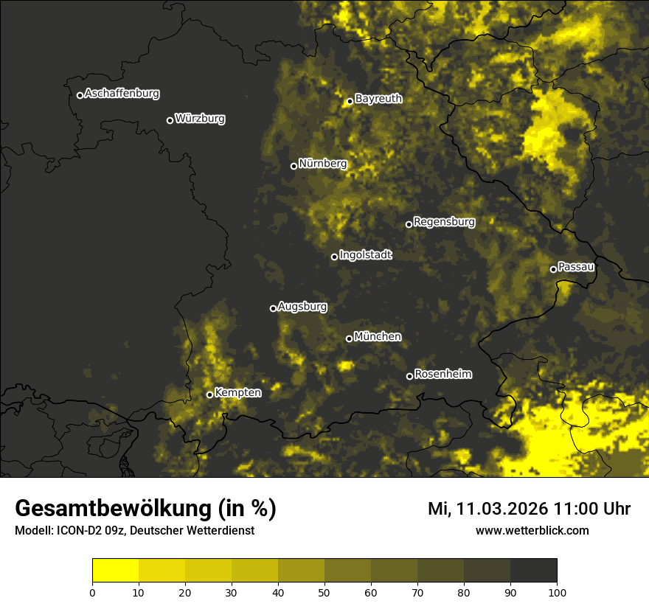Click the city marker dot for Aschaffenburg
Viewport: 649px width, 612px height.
pos(80,95)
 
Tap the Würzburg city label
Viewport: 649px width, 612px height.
pos(200,119)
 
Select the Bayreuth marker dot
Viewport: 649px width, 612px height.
pos(350,101)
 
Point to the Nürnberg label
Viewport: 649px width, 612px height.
pos(322,164)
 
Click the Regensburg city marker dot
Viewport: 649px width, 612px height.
pos(409,224)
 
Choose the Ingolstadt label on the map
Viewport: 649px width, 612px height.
pos(365,255)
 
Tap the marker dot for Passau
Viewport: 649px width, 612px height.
pos(553,269)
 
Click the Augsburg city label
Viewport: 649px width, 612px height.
pos(302,307)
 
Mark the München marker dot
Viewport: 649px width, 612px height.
pos(349,338)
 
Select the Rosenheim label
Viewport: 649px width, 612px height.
pos(442,375)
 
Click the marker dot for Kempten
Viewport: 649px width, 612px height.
pos(209,394)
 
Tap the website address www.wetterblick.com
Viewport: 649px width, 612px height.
pos(532,530)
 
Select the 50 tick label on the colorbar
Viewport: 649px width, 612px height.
pos(324,591)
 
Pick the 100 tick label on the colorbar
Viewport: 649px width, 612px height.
pos(556,591)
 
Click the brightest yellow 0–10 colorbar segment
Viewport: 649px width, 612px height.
pos(115,571)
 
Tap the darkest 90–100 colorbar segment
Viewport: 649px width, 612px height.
pos(533,571)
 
